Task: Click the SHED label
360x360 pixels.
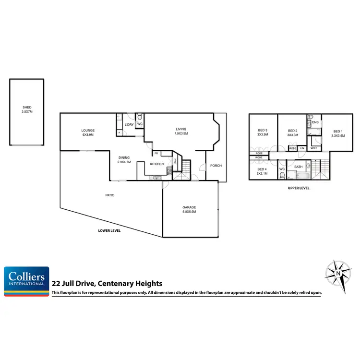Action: (x=27, y=108)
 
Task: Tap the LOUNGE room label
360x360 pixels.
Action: (x=87, y=130)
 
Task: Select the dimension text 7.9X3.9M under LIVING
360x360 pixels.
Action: (x=181, y=133)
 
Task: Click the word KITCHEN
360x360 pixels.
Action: (x=157, y=164)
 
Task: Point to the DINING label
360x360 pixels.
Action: (x=124, y=157)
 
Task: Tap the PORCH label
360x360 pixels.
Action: (x=216, y=166)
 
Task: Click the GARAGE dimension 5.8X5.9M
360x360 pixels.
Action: (x=189, y=211)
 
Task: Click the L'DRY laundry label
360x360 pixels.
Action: (x=129, y=125)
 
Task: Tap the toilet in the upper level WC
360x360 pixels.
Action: (x=282, y=175)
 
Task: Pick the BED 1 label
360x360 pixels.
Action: (x=338, y=132)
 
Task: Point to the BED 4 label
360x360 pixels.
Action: (x=262, y=169)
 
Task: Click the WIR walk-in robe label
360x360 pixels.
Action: (x=314, y=148)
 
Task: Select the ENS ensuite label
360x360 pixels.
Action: (x=315, y=122)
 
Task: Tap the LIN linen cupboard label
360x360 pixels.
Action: (x=302, y=148)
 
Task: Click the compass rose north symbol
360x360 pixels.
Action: (x=339, y=273)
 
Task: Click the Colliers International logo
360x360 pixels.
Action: (x=26, y=281)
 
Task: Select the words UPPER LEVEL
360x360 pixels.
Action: (x=298, y=188)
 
